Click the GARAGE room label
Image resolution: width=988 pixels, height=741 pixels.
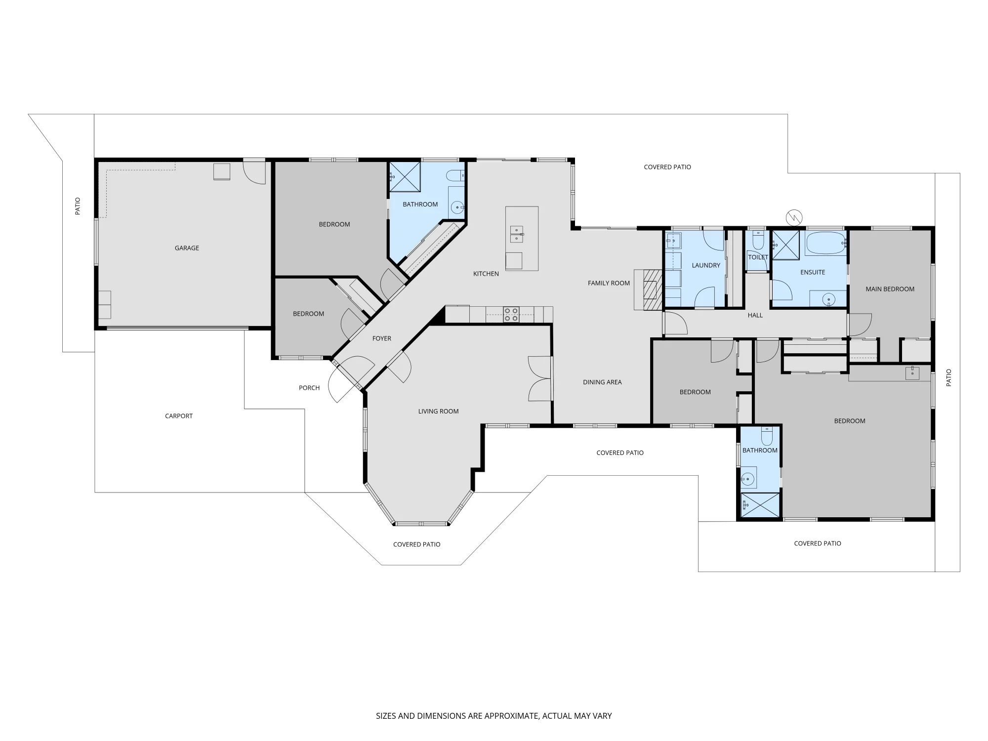pos(187,248)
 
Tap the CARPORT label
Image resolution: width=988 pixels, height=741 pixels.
pos(179,416)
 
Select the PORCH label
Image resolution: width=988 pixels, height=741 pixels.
pos(309,388)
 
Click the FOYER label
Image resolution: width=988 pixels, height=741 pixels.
pos(382,338)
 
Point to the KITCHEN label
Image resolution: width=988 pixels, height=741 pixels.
pos(486,274)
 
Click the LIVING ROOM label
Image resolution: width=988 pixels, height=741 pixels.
pos(439,411)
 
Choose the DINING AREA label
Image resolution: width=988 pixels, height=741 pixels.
pos(602,382)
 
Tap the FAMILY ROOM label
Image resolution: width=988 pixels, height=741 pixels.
pos(609,283)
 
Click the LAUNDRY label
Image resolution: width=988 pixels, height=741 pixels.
pos(706,265)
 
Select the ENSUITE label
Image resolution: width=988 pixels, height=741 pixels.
pos(813,272)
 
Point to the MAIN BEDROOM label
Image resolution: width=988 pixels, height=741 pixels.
pos(890,289)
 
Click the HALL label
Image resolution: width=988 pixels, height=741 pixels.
pos(755,315)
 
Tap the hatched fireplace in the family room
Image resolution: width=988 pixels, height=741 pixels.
pos(652,289)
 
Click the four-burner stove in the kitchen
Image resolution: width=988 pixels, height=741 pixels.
pos(511,315)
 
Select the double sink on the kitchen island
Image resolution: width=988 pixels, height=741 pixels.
pos(517,234)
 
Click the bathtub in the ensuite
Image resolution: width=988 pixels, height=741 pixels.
pos(826,243)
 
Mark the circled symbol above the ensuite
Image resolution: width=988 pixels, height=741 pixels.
pos(794,217)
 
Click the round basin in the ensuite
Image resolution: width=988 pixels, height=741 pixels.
pos(829,299)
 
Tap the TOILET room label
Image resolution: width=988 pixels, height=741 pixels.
pos(758,257)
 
